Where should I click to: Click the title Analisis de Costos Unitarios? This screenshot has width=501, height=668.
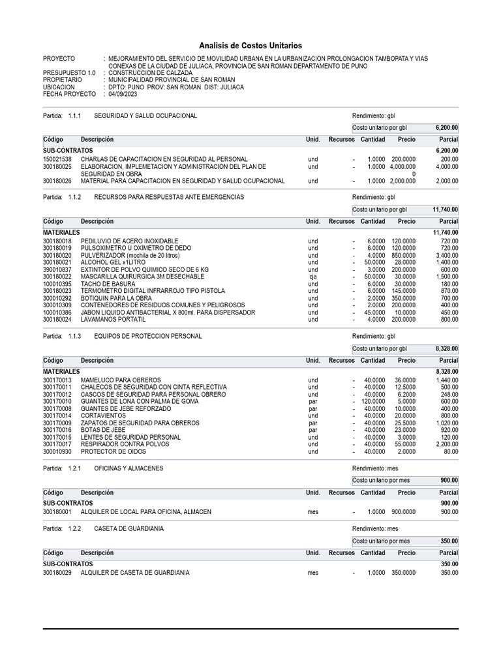pos(250,46)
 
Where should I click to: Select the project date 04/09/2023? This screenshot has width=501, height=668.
pos(123,94)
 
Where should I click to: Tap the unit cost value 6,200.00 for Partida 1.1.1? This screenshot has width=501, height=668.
pos(446,128)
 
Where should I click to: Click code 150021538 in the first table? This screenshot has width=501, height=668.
pos(57,159)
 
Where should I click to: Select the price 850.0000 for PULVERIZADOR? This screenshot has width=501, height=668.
pos(403,256)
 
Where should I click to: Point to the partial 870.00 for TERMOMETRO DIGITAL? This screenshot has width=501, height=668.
pos(448,291)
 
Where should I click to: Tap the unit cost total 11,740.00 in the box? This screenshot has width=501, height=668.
pos(445,210)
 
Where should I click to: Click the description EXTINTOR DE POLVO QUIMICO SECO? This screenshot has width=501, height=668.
pos(144,269)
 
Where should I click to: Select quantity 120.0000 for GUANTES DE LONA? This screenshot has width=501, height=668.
pos(372,402)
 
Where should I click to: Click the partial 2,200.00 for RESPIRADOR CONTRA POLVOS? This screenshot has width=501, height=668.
pos(447,444)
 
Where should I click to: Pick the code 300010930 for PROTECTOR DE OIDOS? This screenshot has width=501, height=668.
pos(57,451)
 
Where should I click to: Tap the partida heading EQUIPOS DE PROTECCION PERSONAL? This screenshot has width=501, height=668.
pos(148,336)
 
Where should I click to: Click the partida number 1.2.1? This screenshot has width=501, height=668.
pos(74,468)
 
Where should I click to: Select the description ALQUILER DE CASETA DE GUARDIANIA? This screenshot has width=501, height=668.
pos(135,573)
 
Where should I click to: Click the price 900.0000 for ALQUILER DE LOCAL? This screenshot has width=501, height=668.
pos(403,512)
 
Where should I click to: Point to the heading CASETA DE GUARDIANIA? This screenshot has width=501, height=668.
pos(129,528)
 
